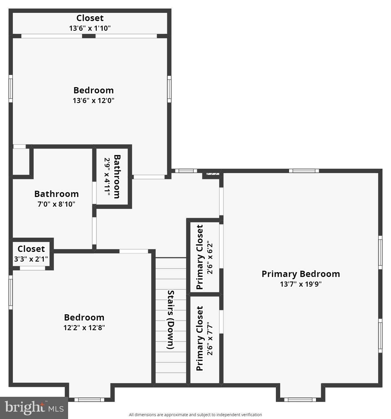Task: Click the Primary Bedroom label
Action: (301, 274)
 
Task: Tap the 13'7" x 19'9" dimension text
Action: (301, 284)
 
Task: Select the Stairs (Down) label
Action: (170, 319)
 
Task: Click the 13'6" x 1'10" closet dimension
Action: (90, 28)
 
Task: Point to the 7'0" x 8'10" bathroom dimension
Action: (56, 204)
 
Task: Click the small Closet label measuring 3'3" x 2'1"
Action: (31, 249)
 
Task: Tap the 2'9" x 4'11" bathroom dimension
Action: (107, 177)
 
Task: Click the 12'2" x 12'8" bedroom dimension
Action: (84, 328)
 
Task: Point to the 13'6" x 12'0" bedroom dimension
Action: (93, 100)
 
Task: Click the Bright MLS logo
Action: (34, 408)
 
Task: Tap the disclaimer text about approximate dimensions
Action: (195, 415)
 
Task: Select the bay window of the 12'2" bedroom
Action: (89, 400)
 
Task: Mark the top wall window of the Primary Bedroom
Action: (304, 171)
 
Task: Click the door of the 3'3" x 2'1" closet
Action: (32, 268)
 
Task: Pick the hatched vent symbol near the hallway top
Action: (212, 174)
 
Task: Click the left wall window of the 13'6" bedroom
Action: (11, 89)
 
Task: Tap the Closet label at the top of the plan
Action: (90, 18)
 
